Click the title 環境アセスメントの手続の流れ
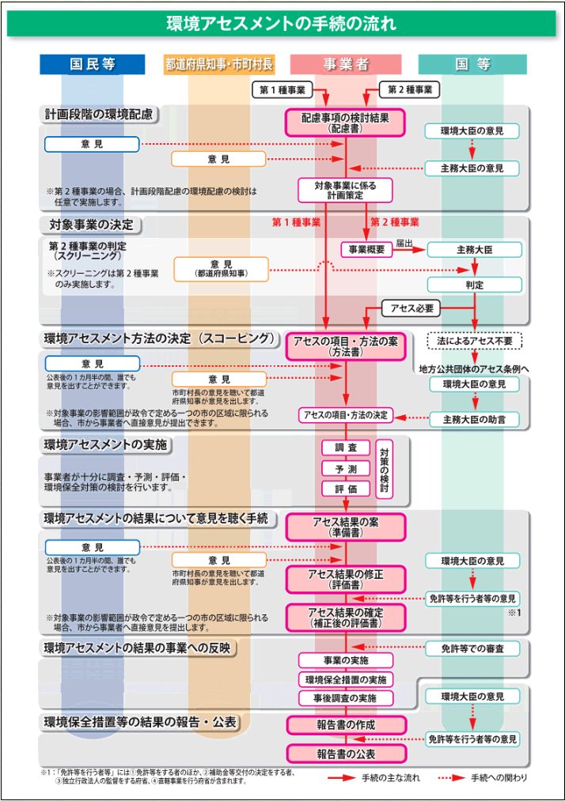[282, 24]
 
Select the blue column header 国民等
[93, 64]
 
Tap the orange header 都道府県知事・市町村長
[218, 64]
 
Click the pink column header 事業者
[346, 64]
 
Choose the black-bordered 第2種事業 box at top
[409, 89]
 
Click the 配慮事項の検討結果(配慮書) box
[345, 123]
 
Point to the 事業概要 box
[366, 249]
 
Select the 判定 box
[474, 285]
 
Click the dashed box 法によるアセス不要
[474, 341]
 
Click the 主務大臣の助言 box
[474, 418]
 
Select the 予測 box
[346, 468]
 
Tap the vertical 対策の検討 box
[384, 469]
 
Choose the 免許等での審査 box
[474, 648]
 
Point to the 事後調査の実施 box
[346, 698]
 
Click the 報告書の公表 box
[346, 754]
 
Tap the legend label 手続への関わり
[499, 778]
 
